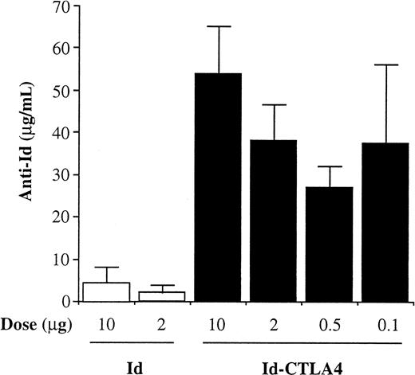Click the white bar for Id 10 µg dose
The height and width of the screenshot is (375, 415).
click(106, 292)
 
